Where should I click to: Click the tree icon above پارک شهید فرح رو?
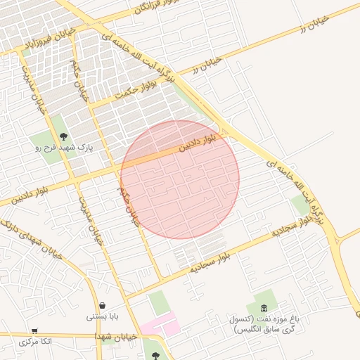pyautogui.click(x=64, y=136)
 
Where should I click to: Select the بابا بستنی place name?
pyautogui.click(x=103, y=317)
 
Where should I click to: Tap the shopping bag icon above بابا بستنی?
pyautogui.click(x=103, y=306)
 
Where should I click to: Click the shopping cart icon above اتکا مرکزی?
pyautogui.click(x=34, y=330)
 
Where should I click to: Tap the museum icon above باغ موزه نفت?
pyautogui.click(x=264, y=308)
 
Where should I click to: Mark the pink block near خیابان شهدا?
pyautogui.click(x=160, y=326)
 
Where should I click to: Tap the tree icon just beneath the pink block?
pyautogui.click(x=155, y=345)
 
